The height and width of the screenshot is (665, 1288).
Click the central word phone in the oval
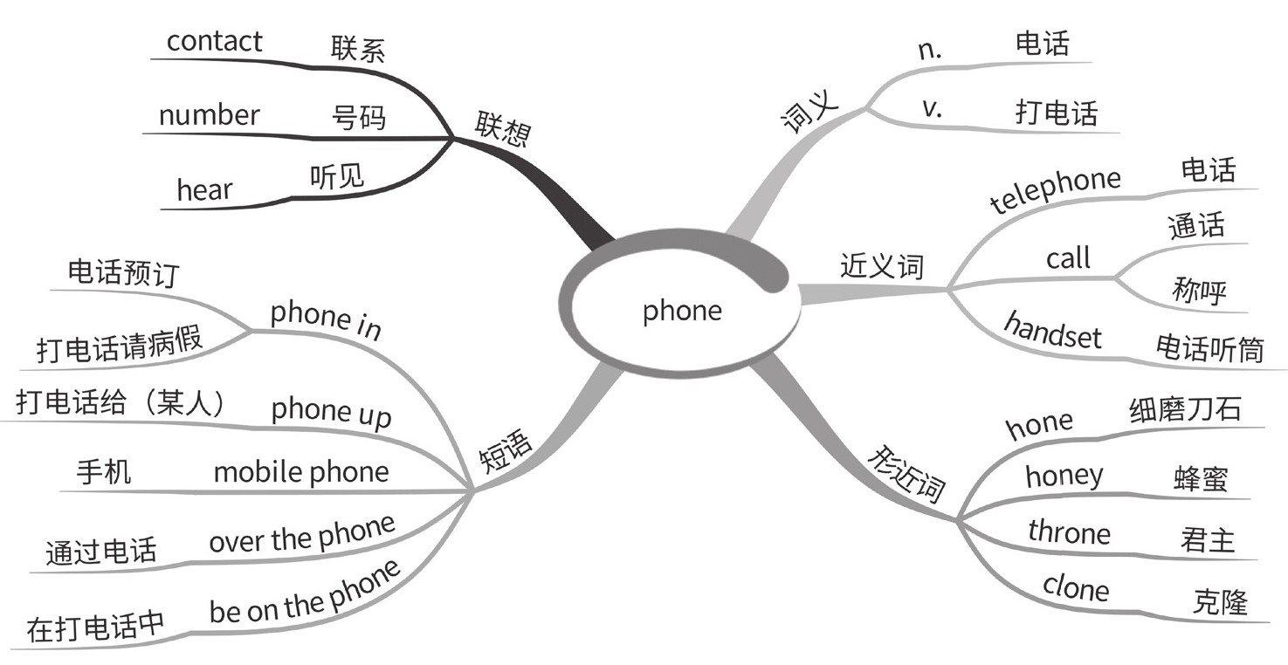tap(682, 311)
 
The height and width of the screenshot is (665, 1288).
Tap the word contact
tap(214, 41)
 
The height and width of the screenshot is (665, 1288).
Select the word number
tap(209, 115)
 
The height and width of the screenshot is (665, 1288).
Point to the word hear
tap(204, 189)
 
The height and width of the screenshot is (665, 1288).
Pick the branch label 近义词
tap(881, 265)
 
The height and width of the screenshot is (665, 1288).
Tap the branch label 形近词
tap(908, 475)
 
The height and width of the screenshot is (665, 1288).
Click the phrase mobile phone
tap(301, 472)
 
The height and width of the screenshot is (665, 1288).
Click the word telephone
tap(1056, 190)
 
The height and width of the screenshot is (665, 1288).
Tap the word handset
tap(1052, 331)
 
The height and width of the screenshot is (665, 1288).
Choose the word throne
tap(1069, 532)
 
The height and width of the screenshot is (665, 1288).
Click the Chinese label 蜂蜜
tap(1201, 478)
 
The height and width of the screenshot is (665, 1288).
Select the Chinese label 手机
tap(104, 472)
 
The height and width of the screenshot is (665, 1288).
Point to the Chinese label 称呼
tap(1199, 288)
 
